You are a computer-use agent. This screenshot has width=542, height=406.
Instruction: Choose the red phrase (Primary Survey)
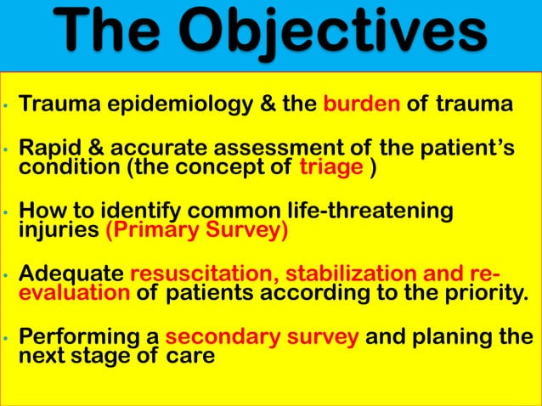click(196, 230)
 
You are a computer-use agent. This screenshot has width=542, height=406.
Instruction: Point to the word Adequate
click(71, 274)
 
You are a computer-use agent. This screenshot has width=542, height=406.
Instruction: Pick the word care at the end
click(191, 356)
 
